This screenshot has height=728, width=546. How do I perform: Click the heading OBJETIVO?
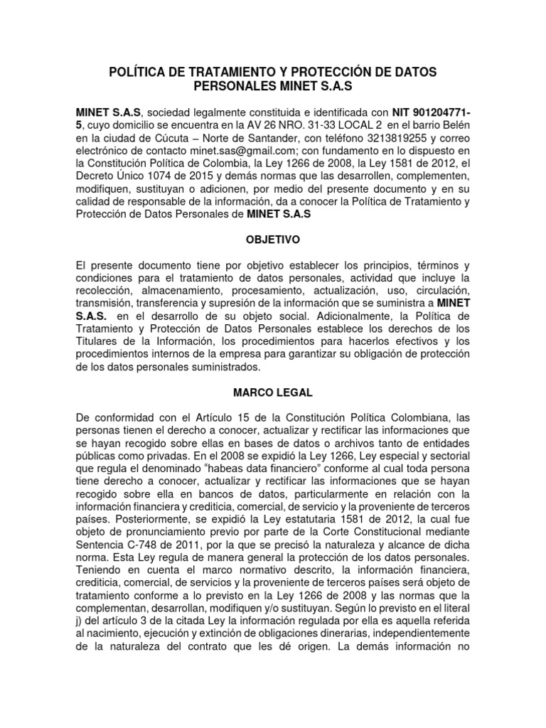272,240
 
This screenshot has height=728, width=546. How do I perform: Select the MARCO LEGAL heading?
272,392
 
